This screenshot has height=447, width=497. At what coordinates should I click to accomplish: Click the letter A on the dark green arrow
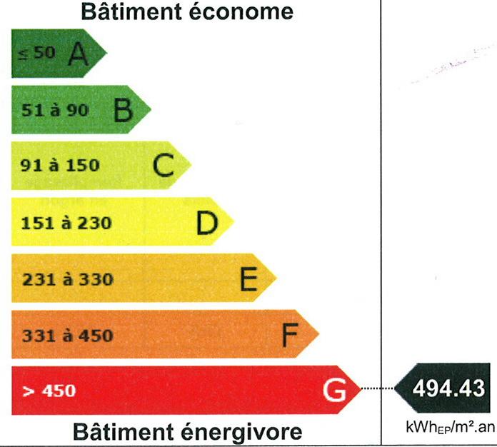(78, 54)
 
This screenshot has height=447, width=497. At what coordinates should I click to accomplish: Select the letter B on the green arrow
(123, 110)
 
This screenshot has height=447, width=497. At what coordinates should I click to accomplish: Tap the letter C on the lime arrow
(164, 165)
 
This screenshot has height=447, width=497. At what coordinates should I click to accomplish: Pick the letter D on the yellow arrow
(207, 223)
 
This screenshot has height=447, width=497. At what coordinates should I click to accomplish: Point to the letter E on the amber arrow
(248, 278)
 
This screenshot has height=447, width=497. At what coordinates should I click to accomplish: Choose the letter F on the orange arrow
(290, 335)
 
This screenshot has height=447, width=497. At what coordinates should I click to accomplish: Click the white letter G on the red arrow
(335, 390)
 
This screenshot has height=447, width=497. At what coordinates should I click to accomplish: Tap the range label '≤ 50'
(37, 53)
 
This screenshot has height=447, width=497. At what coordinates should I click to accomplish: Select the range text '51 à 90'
(55, 111)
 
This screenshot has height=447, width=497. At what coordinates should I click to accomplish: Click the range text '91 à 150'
(60, 165)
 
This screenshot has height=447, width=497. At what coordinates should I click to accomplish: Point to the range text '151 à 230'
(66, 223)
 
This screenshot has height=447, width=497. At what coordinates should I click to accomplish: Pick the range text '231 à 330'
(68, 279)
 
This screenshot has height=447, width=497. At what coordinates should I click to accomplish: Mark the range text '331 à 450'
(68, 336)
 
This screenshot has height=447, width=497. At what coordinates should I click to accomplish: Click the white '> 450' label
(49, 391)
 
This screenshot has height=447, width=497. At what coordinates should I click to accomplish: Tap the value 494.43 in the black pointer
(448, 388)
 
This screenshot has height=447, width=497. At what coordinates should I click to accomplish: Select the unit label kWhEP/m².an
(450, 427)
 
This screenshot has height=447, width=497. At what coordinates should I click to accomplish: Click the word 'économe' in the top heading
(241, 11)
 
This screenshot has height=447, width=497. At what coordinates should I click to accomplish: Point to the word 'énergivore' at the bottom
(241, 433)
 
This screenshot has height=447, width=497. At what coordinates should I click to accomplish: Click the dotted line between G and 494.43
(378, 388)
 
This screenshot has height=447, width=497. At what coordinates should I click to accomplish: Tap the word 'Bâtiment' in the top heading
(131, 11)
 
